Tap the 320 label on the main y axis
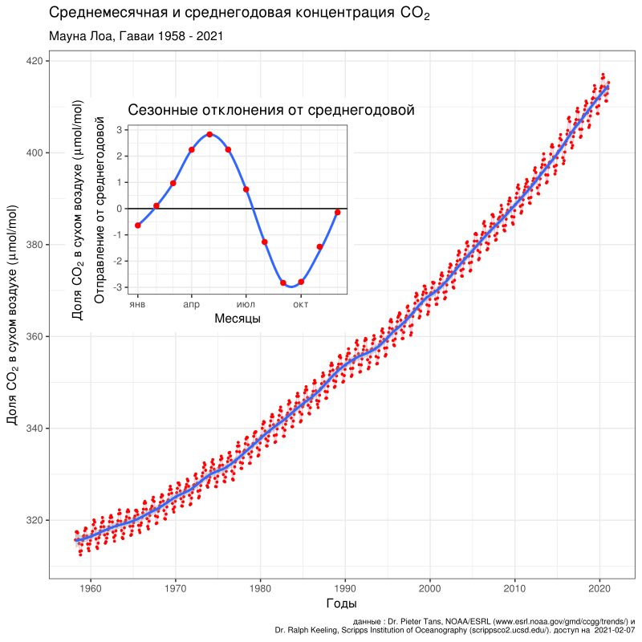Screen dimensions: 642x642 (x=35, y=520)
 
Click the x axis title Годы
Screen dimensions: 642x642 (x=341, y=603)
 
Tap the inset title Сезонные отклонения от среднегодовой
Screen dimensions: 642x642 (x=270, y=110)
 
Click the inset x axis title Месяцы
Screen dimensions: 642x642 (x=238, y=319)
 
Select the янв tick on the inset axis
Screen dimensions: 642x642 (x=138, y=304)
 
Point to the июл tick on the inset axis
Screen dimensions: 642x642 (x=246, y=304)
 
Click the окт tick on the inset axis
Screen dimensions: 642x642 (x=300, y=304)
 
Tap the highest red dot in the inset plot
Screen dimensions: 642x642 (x=209, y=134)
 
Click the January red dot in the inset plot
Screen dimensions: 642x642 (x=138, y=226)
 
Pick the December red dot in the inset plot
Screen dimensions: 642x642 (x=338, y=212)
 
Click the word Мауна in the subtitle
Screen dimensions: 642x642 (x=70, y=36)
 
